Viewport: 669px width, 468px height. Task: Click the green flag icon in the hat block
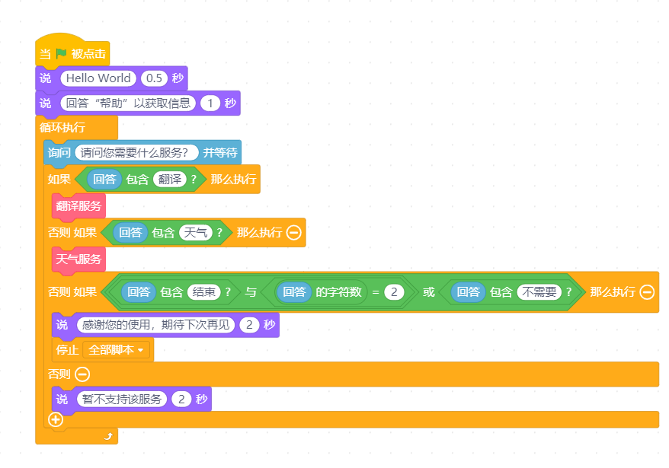(61, 53)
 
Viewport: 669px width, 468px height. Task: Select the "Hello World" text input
(98, 78)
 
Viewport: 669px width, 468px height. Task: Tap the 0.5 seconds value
(154, 78)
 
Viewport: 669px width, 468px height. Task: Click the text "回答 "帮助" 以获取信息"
(128, 103)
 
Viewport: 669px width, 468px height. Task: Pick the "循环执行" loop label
(62, 127)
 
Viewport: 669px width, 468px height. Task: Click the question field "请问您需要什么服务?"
(136, 153)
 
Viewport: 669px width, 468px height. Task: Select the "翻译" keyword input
(170, 179)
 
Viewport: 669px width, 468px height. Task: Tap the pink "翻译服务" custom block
(78, 206)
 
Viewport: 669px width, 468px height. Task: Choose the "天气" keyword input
(196, 232)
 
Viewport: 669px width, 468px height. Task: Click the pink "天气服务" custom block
(78, 259)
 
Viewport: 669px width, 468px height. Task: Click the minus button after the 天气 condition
(294, 232)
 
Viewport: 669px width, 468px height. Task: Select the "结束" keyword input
(204, 292)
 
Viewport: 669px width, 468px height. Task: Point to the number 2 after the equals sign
(394, 292)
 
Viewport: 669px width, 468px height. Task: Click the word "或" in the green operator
(429, 292)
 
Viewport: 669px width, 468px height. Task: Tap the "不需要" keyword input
(539, 292)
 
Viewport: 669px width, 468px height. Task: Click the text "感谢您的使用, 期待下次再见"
(155, 325)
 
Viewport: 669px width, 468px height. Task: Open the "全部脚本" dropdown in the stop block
(116, 350)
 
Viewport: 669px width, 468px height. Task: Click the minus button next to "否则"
(82, 374)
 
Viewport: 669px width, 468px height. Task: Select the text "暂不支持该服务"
(122, 399)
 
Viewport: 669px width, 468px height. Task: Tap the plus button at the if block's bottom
(56, 419)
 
